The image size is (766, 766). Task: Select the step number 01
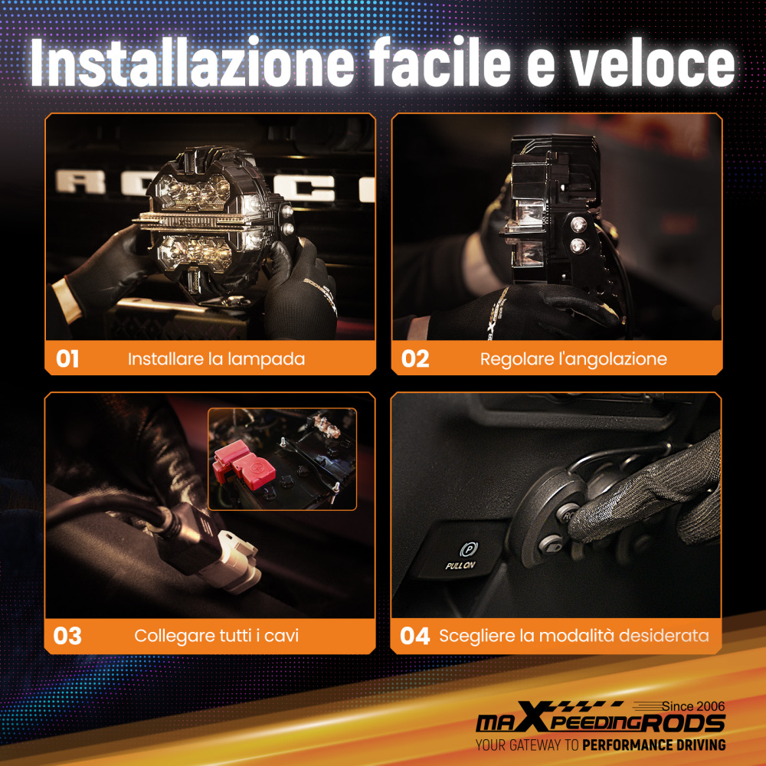click(x=67, y=359)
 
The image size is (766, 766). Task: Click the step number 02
click(x=415, y=359)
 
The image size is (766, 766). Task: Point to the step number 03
click(x=67, y=636)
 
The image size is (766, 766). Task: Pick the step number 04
click(x=414, y=636)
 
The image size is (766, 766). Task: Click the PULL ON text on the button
click(x=460, y=566)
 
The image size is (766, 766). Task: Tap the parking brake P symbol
click(x=468, y=549)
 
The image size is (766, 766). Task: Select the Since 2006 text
click(x=693, y=706)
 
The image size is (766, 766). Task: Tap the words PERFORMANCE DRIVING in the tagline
click(x=654, y=745)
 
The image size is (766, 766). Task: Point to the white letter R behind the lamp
click(x=80, y=182)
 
